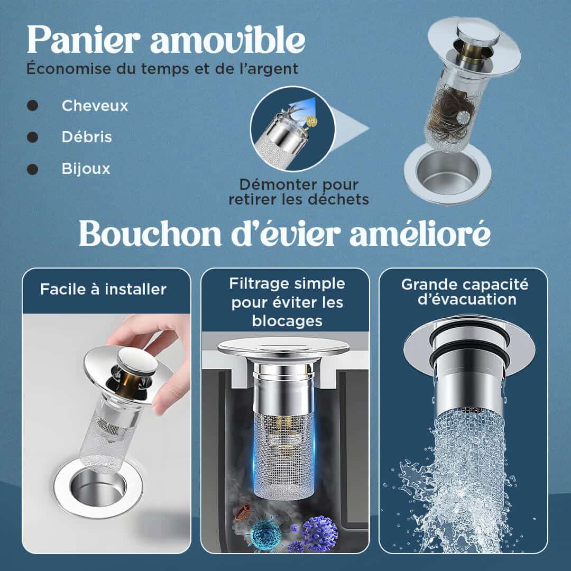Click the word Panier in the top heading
(x=84, y=39)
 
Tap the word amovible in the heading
(x=227, y=39)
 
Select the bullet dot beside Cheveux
(x=32, y=106)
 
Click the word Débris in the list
(x=87, y=137)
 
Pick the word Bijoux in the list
(x=86, y=169)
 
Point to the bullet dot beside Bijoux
(x=32, y=169)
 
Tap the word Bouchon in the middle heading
(x=150, y=234)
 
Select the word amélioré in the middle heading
(x=420, y=234)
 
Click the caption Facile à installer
(x=104, y=290)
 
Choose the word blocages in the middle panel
(x=287, y=321)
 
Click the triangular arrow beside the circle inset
(x=351, y=128)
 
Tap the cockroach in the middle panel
(x=243, y=512)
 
